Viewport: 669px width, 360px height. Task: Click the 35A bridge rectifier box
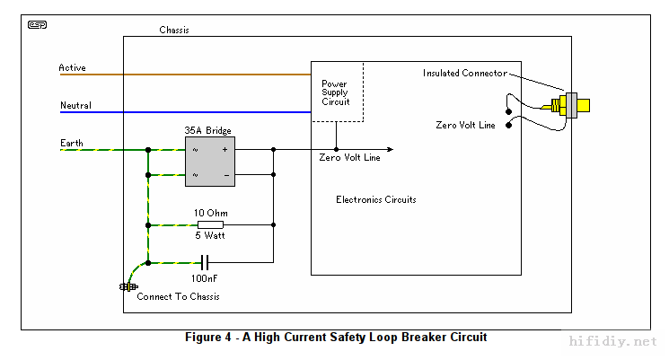click(x=209, y=162)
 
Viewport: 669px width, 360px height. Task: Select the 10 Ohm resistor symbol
click(x=209, y=224)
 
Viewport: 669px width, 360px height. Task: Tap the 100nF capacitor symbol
click(x=206, y=262)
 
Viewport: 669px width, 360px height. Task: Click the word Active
click(x=72, y=67)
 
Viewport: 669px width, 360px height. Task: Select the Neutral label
click(x=75, y=106)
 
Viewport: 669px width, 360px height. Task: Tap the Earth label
click(x=72, y=143)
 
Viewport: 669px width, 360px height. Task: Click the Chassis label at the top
click(x=174, y=30)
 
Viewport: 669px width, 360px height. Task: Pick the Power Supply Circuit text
click(x=336, y=92)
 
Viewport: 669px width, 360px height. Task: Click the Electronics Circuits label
click(x=375, y=199)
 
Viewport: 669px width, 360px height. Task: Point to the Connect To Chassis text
click(x=178, y=296)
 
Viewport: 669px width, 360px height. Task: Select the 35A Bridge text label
click(x=208, y=130)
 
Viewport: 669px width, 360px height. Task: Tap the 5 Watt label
click(x=210, y=236)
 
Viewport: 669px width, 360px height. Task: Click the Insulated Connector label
click(x=465, y=74)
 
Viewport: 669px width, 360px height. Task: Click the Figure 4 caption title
click(x=336, y=338)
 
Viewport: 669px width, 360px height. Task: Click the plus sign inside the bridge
click(x=224, y=149)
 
